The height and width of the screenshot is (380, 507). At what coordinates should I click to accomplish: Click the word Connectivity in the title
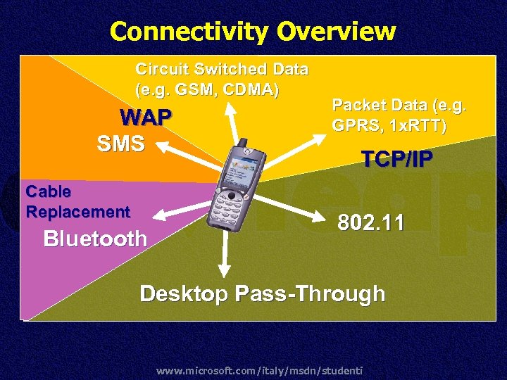pyautogui.click(x=189, y=32)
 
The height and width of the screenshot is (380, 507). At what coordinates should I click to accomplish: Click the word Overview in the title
pyautogui.click(x=336, y=32)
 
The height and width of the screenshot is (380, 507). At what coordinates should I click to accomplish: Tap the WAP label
pyautogui.click(x=146, y=117)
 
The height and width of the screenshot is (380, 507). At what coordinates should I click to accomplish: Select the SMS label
pyautogui.click(x=121, y=144)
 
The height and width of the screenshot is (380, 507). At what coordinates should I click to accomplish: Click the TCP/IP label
pyautogui.click(x=396, y=160)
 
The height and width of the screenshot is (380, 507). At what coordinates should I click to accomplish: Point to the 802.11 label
pyautogui.click(x=370, y=223)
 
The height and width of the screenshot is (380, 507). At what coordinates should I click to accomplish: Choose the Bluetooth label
pyautogui.click(x=95, y=239)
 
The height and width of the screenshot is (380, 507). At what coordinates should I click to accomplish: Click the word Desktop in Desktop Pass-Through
pyautogui.click(x=183, y=293)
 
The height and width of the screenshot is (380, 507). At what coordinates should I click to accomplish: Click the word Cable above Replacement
pyautogui.click(x=48, y=191)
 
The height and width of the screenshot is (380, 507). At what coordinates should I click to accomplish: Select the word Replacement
pyautogui.click(x=77, y=211)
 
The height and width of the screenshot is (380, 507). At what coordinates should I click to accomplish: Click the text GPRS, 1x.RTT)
pyautogui.click(x=389, y=127)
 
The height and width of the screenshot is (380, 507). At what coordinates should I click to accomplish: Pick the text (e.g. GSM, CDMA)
pyautogui.click(x=207, y=90)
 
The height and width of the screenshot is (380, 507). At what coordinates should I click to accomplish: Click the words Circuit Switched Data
pyautogui.click(x=221, y=70)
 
